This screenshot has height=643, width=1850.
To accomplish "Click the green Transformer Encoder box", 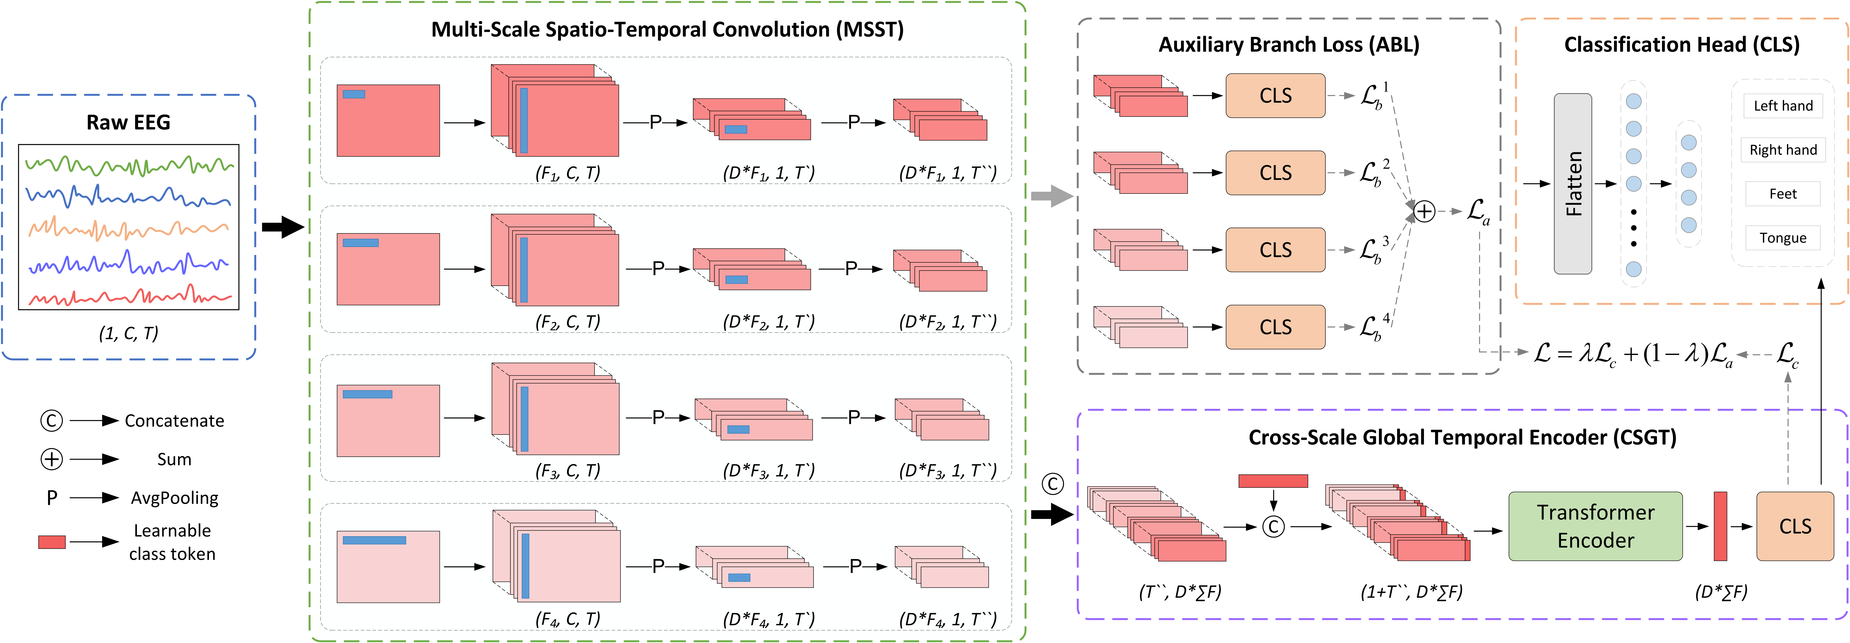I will click(1595, 526).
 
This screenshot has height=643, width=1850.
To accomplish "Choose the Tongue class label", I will click(1783, 238).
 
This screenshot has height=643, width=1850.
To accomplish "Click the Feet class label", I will click(1783, 194).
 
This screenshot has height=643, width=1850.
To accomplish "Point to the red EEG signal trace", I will click(129, 296).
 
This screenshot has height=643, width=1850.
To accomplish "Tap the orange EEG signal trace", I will click(129, 230).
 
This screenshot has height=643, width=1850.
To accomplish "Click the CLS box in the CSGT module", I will click(1795, 526).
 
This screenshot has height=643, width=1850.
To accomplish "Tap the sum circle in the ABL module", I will click(1424, 211).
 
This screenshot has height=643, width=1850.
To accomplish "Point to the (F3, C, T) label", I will click(567, 471).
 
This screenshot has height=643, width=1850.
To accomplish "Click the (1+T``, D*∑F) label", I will click(1411, 592).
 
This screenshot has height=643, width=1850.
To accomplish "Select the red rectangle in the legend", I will click(52, 542).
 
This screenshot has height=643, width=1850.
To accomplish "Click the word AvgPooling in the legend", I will click(174, 498).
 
